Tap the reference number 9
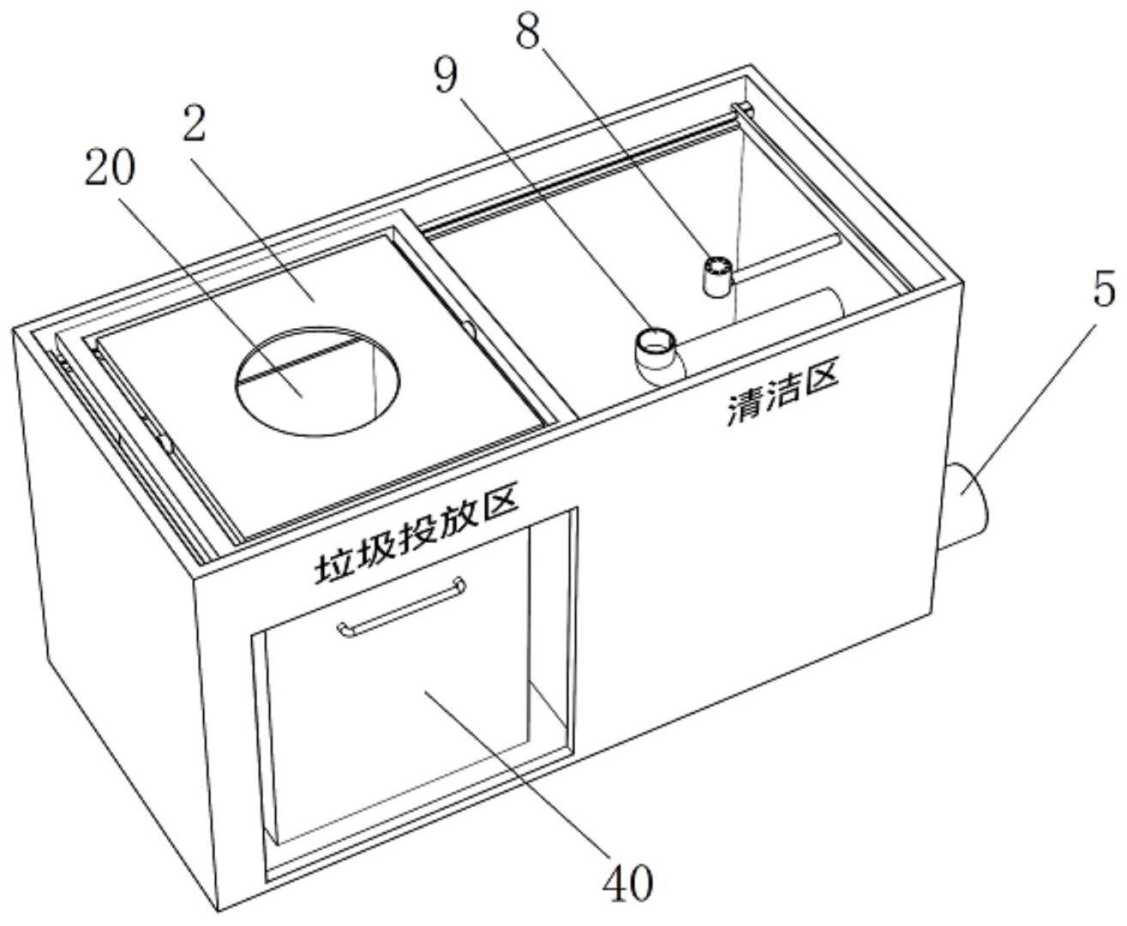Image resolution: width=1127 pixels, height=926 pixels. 447,75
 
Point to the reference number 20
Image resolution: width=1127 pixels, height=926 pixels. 110,168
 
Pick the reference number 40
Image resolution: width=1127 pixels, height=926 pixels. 628,883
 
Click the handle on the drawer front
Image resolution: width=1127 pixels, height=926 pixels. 401,607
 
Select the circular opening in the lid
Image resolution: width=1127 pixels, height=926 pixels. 317,380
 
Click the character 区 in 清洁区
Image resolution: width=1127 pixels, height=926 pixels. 821,374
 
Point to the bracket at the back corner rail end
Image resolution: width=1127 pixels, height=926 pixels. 743,110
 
